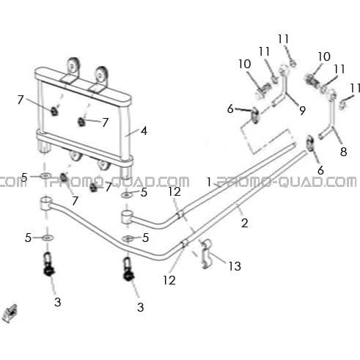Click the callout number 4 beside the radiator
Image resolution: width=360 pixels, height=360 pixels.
point(144,131)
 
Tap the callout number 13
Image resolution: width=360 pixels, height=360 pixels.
point(235,266)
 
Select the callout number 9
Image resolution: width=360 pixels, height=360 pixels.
point(303,111)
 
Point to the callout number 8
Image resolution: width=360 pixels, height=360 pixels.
point(344,152)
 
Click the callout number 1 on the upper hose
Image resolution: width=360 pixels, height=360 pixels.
point(209,182)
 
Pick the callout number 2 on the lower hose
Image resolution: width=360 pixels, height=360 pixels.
point(244,223)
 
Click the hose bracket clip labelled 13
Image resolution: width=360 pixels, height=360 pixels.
point(207,254)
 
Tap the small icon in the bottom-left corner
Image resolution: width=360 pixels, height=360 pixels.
point(10,313)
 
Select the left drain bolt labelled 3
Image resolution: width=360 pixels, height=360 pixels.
point(49,265)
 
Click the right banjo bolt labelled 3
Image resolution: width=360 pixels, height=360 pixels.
point(128,270)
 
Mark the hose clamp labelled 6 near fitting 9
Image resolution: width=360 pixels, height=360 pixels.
point(255,115)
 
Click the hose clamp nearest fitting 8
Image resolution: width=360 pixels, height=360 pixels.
point(310,144)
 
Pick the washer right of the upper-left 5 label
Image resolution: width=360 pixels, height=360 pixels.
point(45,175)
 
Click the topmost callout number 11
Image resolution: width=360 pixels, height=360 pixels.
point(284,39)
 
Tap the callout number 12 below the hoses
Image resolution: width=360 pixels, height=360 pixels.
point(169,280)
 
